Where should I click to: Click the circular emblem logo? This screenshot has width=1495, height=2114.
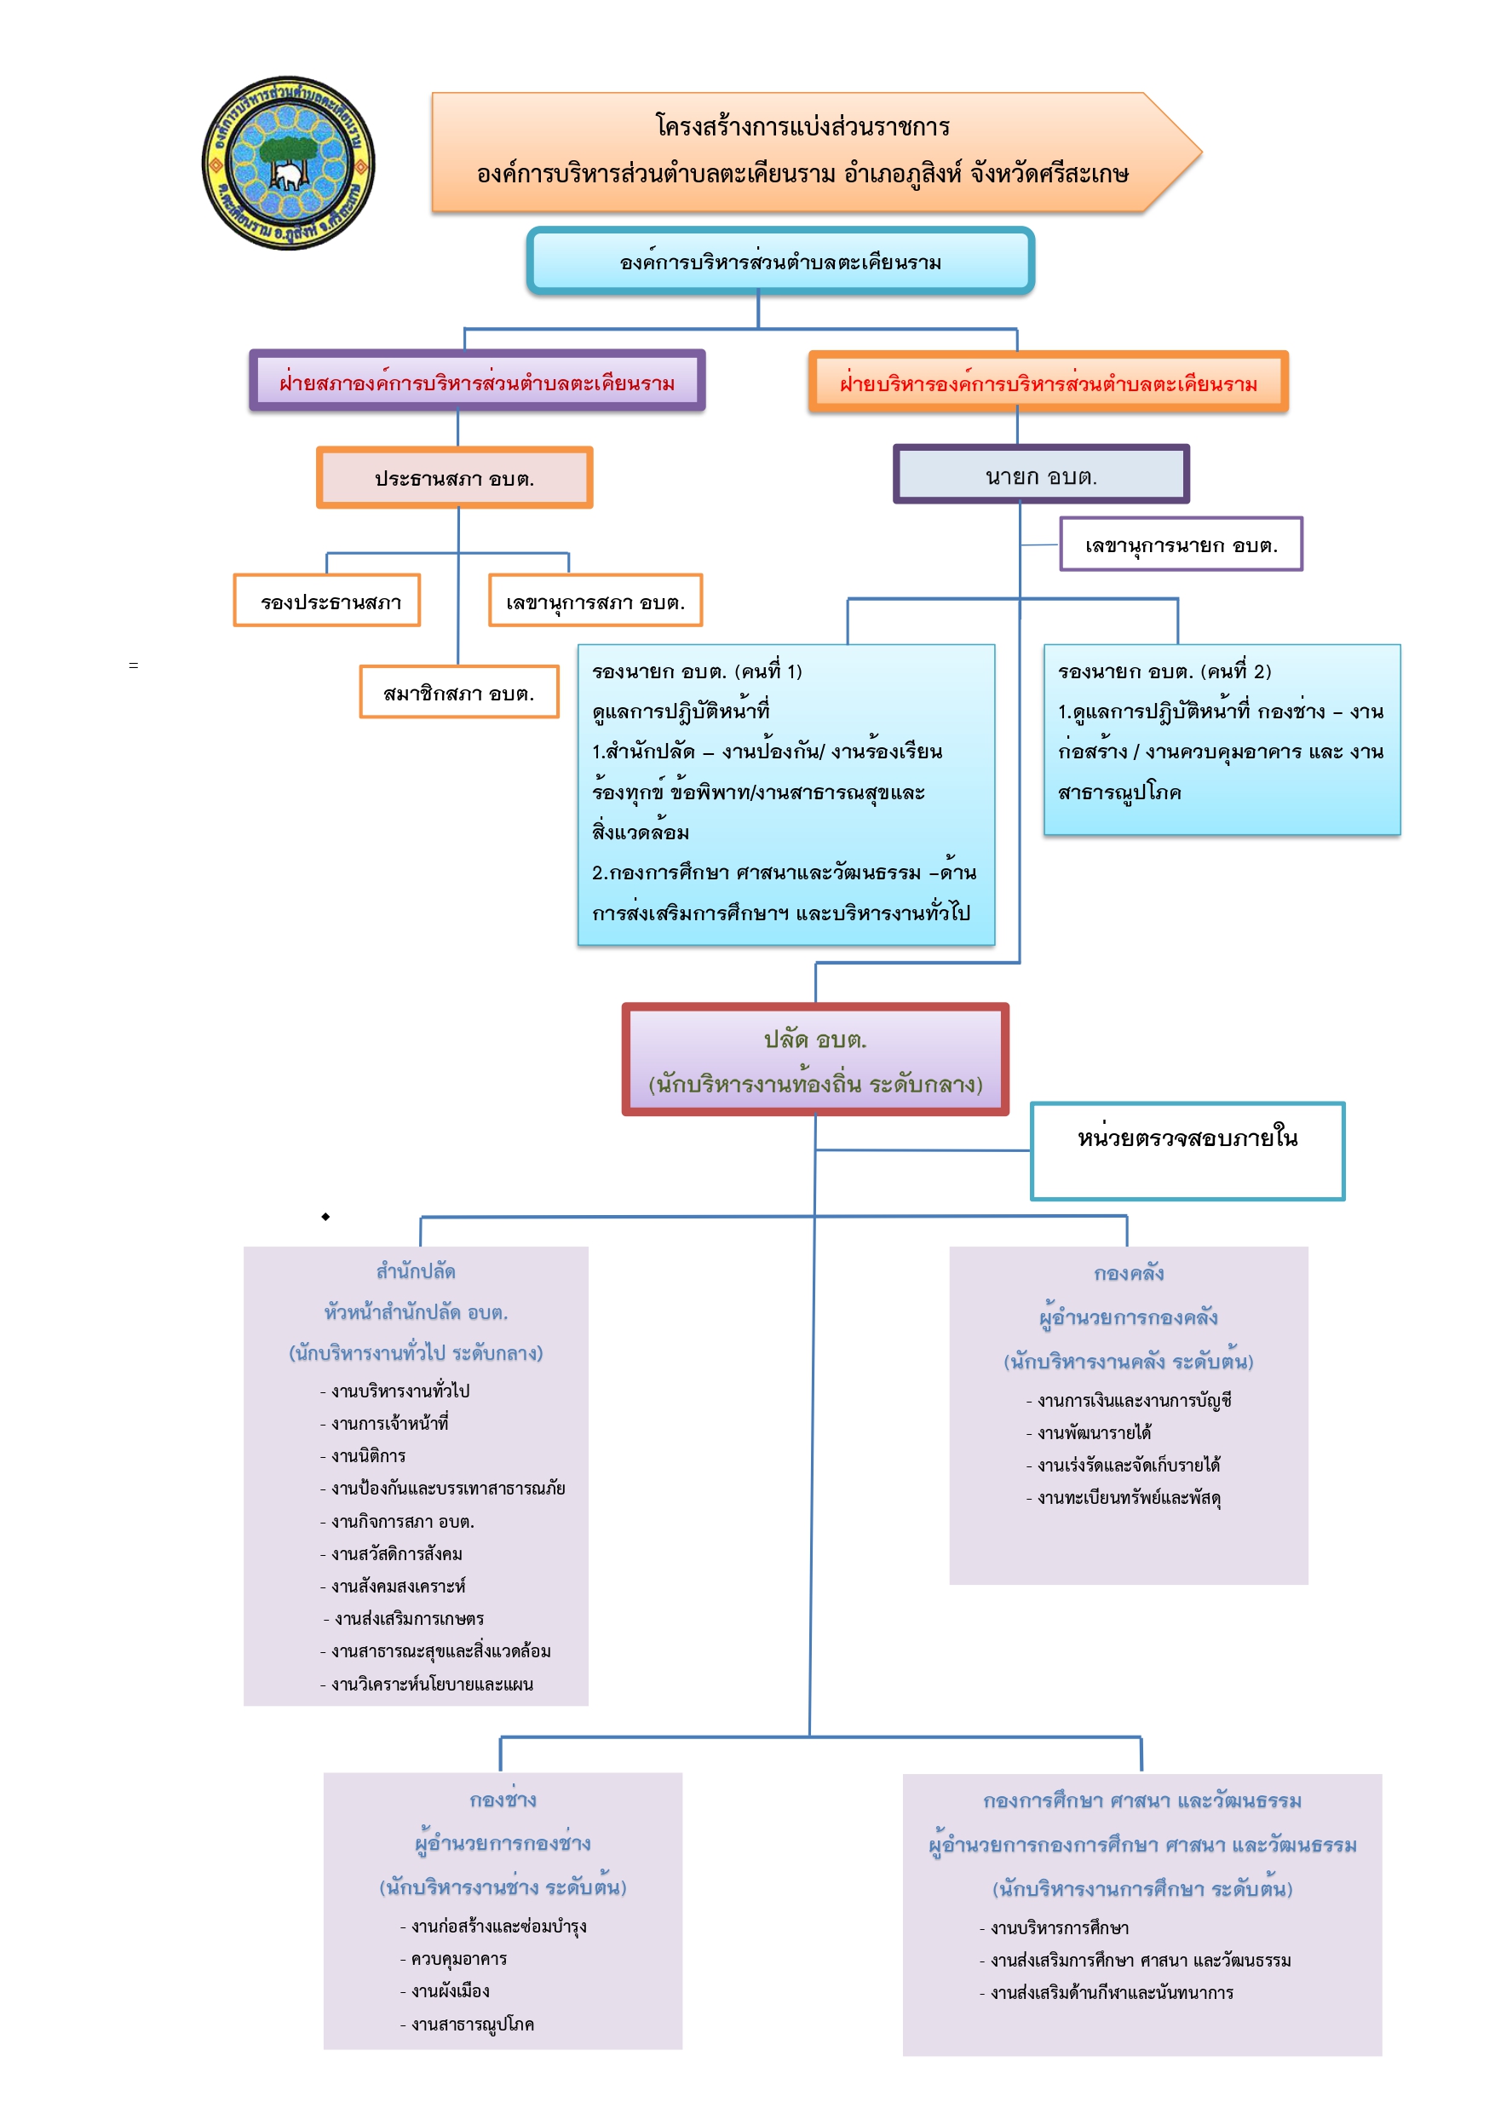(x=288, y=163)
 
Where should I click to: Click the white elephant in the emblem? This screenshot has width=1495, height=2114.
(x=289, y=175)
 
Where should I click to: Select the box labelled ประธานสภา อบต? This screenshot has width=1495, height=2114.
(x=455, y=478)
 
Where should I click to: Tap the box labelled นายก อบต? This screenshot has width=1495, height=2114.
(x=1041, y=475)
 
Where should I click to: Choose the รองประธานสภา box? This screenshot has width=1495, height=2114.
(x=327, y=602)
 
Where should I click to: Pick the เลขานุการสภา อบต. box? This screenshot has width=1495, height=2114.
(x=595, y=602)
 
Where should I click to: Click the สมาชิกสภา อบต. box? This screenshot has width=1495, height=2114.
(x=458, y=693)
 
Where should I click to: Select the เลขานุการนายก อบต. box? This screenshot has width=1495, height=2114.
(x=1181, y=544)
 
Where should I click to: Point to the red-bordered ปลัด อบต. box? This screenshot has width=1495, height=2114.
(x=815, y=1060)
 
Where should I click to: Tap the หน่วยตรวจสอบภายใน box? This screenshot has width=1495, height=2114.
(x=1187, y=1151)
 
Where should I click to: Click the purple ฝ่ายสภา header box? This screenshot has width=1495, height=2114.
(x=477, y=381)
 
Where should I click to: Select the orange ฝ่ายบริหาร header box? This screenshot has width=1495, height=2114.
(x=1049, y=382)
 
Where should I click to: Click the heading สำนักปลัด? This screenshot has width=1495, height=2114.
(x=416, y=1271)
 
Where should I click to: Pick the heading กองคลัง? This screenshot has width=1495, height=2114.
(x=1129, y=1273)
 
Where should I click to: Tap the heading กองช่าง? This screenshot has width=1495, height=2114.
(x=503, y=1799)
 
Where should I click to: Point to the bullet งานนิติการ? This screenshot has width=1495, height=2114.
(x=363, y=1455)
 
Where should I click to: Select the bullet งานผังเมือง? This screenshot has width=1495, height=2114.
(x=445, y=1990)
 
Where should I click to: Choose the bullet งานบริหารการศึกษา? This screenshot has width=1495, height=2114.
(x=1054, y=1927)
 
